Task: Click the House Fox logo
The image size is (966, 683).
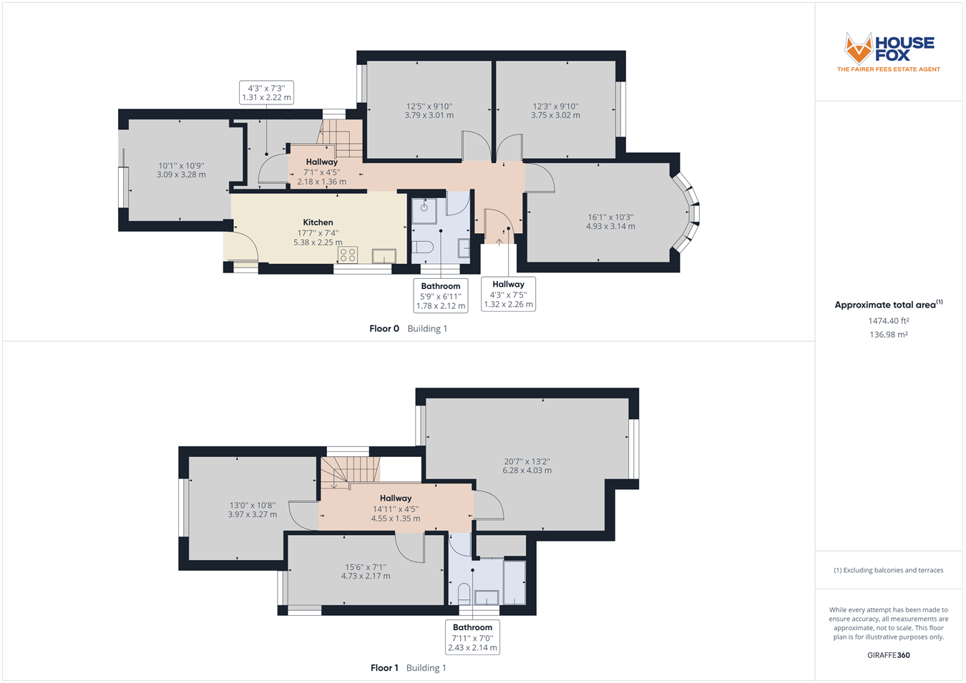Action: (x=888, y=52)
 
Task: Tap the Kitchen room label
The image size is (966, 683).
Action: (x=318, y=222)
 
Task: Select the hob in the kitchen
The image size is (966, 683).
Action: (x=348, y=255)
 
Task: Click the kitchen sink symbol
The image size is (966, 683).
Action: (x=384, y=256)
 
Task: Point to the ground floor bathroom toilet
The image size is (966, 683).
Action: (x=423, y=247)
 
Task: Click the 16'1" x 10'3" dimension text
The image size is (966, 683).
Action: (x=610, y=222)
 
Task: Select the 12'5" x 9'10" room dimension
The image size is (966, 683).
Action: (x=429, y=110)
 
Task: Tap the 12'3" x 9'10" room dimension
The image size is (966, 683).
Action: (x=555, y=110)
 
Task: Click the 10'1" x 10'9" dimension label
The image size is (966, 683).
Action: (x=181, y=170)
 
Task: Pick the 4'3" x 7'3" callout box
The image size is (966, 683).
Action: (x=266, y=93)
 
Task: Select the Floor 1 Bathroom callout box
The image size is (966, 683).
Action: (x=472, y=637)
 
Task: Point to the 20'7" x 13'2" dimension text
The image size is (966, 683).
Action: (x=527, y=466)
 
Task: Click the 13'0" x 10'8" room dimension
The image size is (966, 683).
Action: (x=252, y=509)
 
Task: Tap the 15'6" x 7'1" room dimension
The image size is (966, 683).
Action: (x=366, y=571)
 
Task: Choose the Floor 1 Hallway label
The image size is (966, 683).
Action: (x=396, y=498)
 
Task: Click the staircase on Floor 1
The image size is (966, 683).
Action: (x=349, y=473)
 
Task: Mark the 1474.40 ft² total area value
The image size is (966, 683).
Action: (x=888, y=321)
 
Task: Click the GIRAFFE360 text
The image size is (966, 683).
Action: (x=888, y=655)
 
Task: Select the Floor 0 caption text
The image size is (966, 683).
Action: (x=384, y=329)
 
